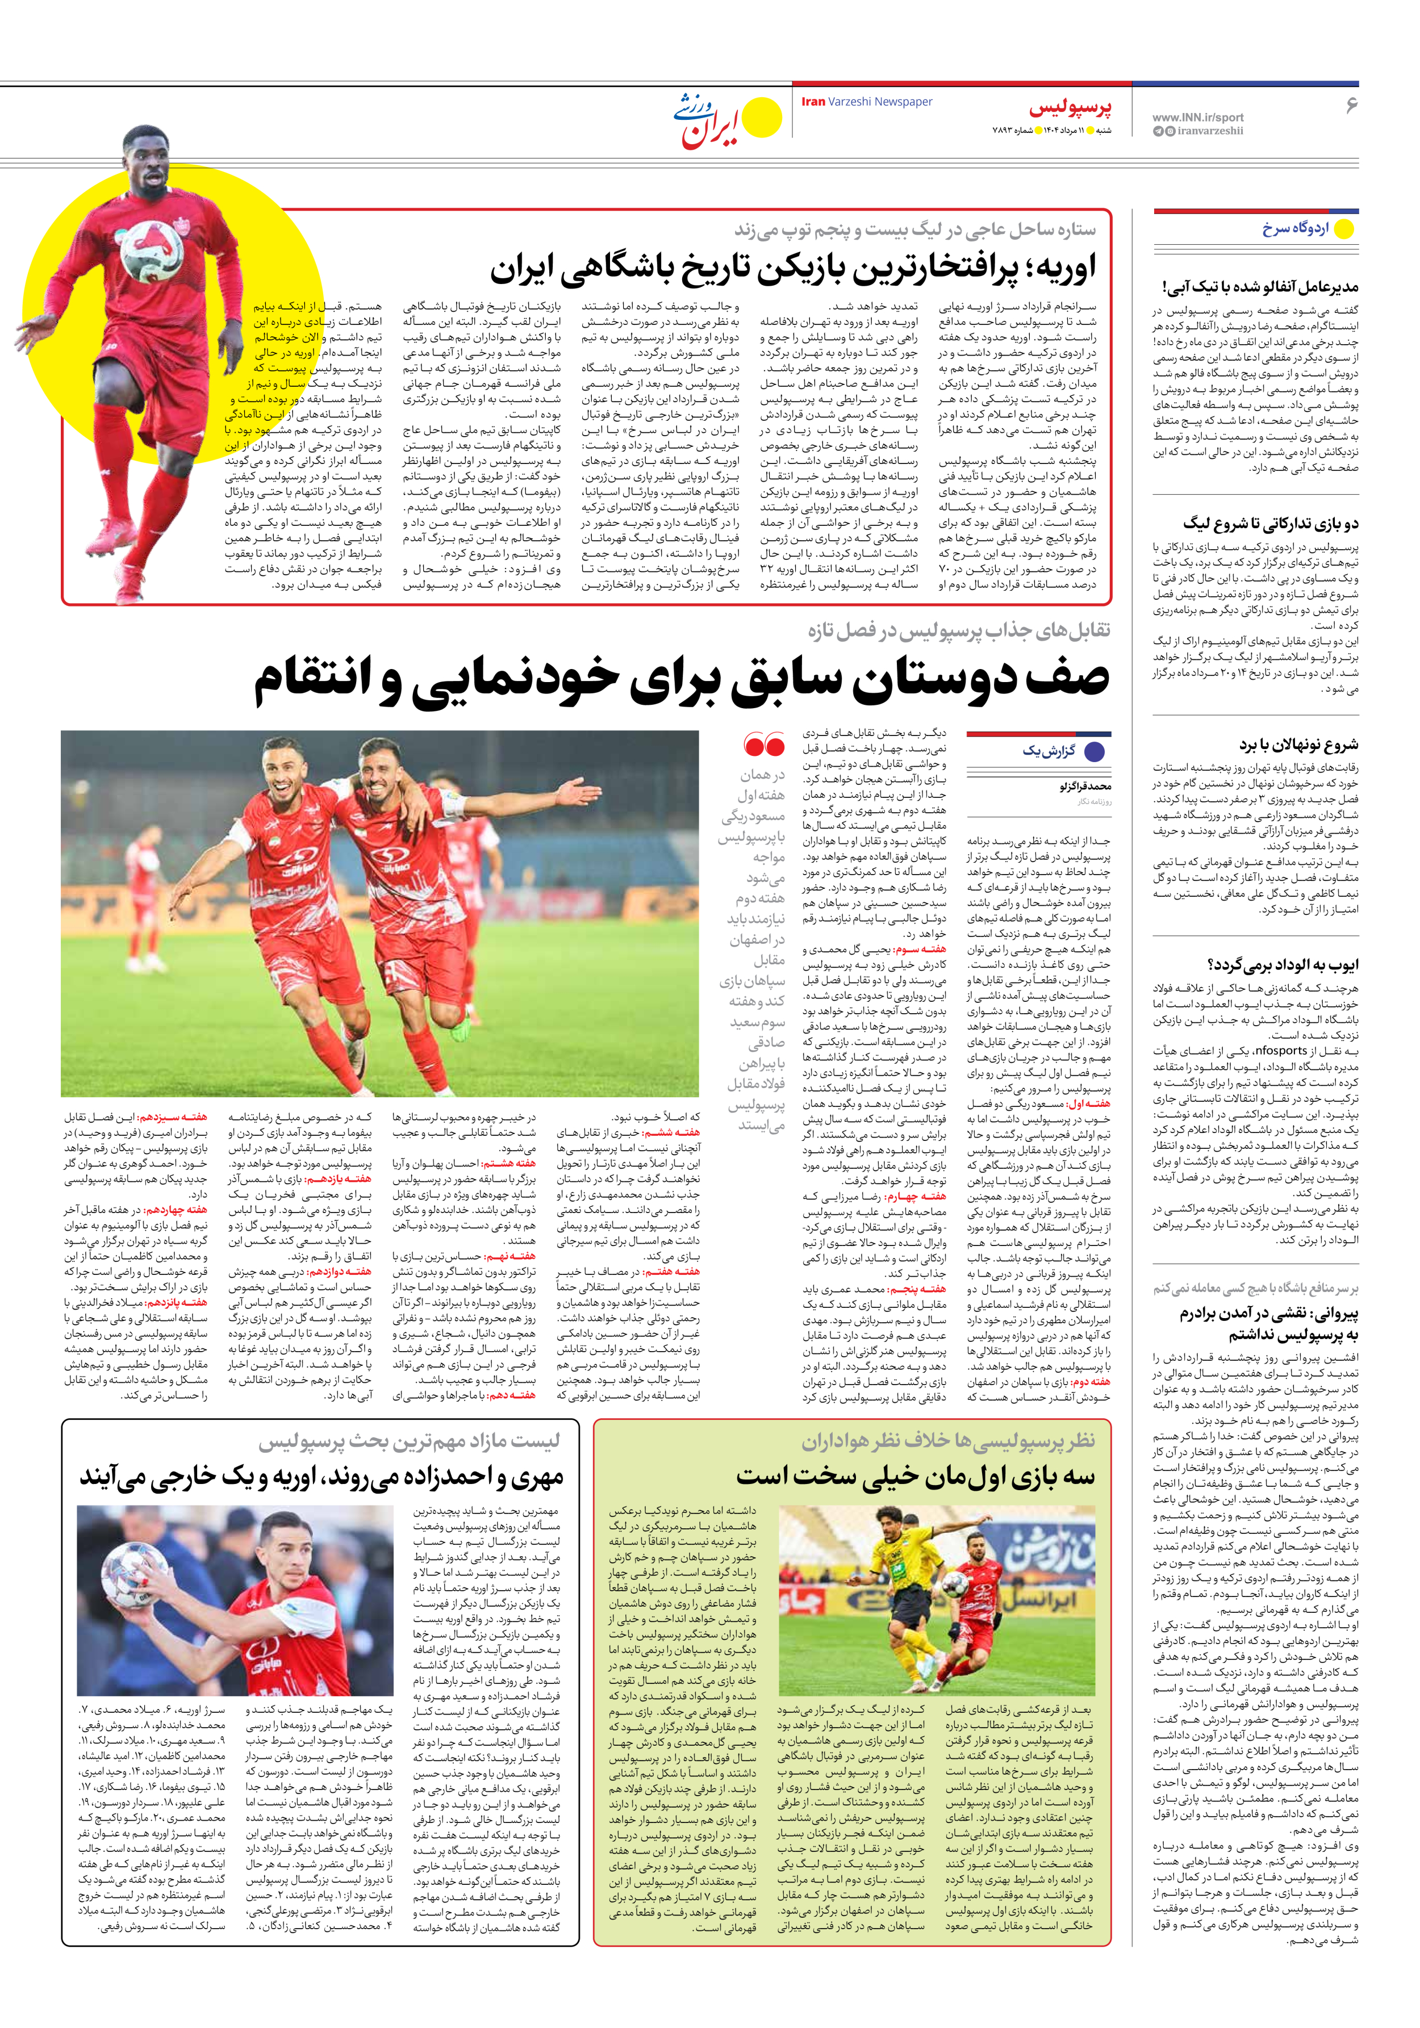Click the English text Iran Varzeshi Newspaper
pyautogui.click(x=866, y=102)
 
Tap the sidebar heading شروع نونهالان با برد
pyautogui.click(x=1298, y=745)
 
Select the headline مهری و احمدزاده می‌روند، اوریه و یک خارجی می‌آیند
pyautogui.click(x=321, y=1476)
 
